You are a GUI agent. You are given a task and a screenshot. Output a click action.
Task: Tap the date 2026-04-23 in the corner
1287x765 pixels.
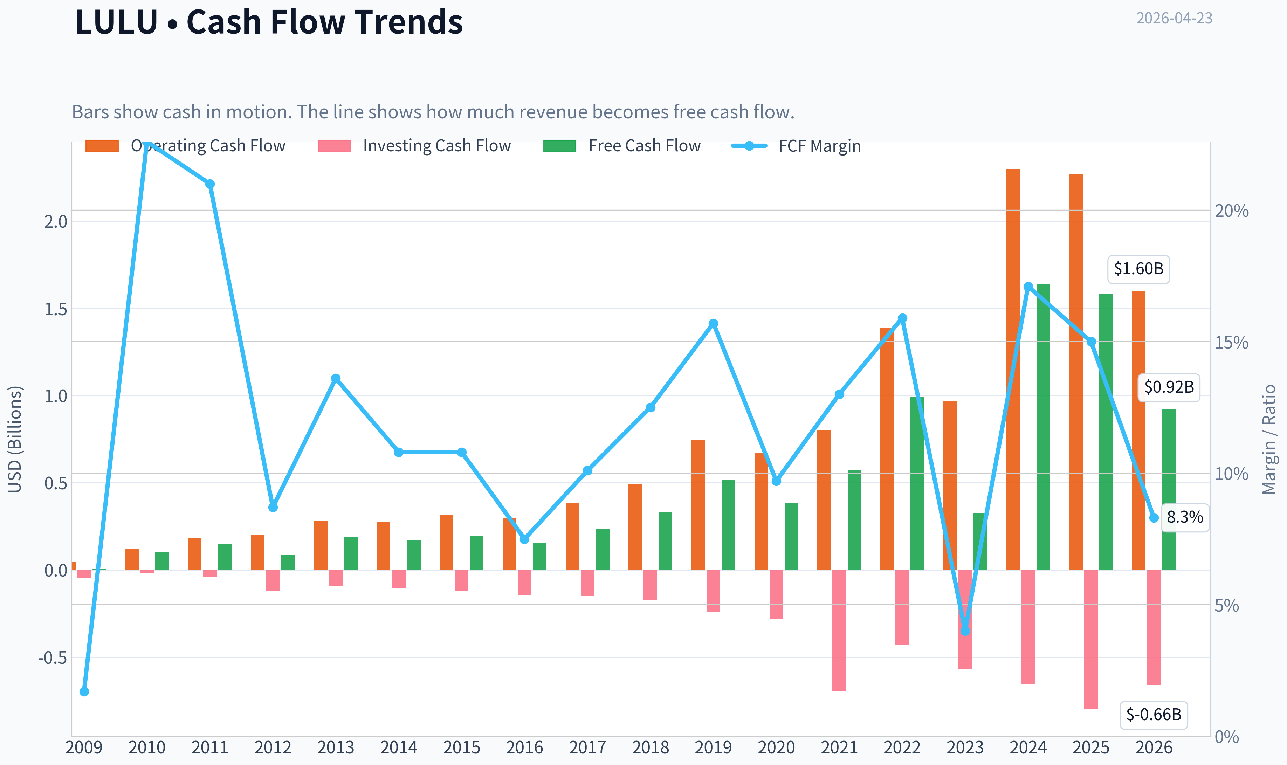pyautogui.click(x=1174, y=19)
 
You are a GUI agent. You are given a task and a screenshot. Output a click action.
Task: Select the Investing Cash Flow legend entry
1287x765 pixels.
pyautogui.click(x=414, y=146)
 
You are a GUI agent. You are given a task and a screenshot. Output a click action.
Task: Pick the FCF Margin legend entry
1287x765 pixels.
pyautogui.click(x=796, y=146)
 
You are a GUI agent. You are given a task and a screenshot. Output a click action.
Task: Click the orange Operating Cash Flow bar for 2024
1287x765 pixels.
pyautogui.click(x=1013, y=369)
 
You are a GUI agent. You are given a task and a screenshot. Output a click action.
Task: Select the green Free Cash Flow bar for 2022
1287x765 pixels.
pyautogui.click(x=917, y=483)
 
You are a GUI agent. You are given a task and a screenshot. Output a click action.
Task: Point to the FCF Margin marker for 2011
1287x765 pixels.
pyautogui.click(x=210, y=184)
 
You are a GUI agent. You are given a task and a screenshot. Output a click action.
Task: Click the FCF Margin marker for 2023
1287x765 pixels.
pyautogui.click(x=965, y=631)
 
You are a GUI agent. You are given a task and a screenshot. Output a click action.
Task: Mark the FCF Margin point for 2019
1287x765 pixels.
pyautogui.click(x=713, y=324)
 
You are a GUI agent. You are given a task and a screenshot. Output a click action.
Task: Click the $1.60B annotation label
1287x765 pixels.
pyautogui.click(x=1138, y=269)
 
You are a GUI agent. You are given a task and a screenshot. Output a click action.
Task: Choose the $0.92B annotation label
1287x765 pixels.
pyautogui.click(x=1169, y=387)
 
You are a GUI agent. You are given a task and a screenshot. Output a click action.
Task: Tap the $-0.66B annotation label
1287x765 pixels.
pyautogui.click(x=1154, y=715)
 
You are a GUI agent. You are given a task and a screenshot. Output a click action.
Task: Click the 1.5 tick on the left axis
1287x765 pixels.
pyautogui.click(x=56, y=309)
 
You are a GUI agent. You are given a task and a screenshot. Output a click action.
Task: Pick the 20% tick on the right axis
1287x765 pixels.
pyautogui.click(x=1232, y=211)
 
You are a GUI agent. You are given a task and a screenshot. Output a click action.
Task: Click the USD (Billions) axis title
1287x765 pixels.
pyautogui.click(x=15, y=439)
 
